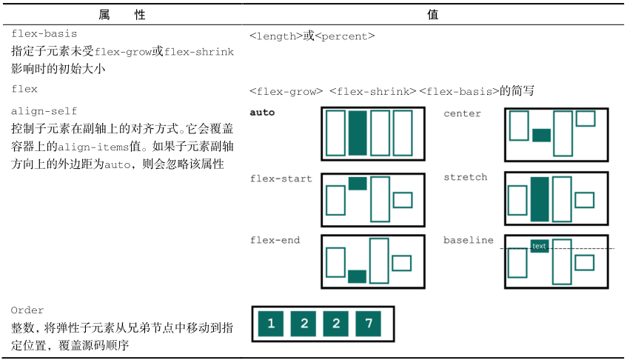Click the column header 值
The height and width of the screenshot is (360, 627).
point(433,14)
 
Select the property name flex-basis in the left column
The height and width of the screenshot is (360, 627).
point(44,34)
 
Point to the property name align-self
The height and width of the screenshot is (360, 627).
point(44,111)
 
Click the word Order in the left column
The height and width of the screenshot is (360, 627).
point(28,310)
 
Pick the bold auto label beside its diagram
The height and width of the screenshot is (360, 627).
point(263,113)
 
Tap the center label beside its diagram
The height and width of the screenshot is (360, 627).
point(462,113)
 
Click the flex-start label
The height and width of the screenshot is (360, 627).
point(281,179)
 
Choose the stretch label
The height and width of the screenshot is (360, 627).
point(466,177)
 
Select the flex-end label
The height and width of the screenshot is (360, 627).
point(275,240)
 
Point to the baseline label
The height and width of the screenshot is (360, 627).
point(469,240)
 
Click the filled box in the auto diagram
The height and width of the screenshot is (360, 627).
point(358,133)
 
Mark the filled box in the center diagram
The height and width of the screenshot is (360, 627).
point(541,135)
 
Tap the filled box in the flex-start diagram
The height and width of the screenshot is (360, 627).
point(358,183)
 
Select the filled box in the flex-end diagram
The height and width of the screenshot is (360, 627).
point(357,276)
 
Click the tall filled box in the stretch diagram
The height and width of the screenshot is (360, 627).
point(540,199)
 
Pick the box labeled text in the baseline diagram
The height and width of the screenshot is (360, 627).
point(539,246)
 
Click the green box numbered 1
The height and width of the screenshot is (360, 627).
point(271,323)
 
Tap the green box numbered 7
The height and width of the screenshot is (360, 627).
point(369,323)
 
